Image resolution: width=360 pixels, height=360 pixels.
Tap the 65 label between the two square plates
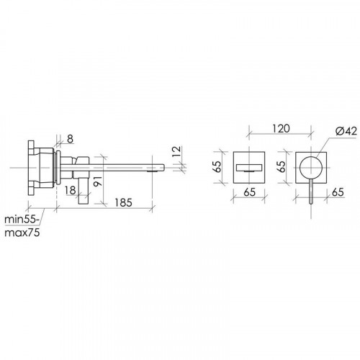[282, 167]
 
